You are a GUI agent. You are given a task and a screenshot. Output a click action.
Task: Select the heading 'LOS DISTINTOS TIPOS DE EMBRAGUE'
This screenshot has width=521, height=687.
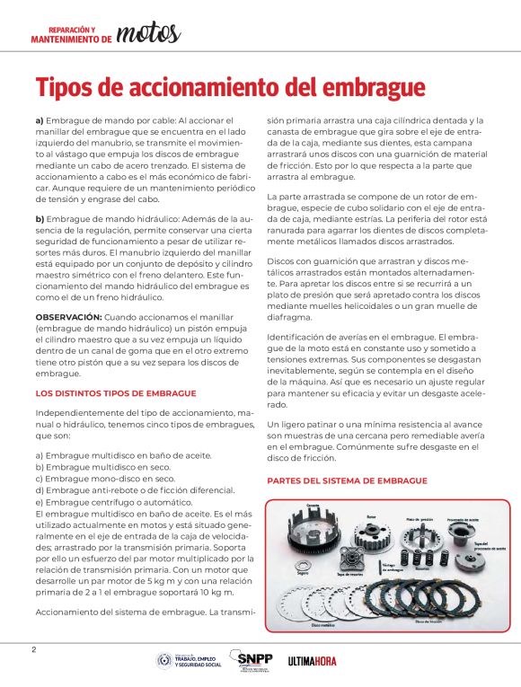coord(116,392)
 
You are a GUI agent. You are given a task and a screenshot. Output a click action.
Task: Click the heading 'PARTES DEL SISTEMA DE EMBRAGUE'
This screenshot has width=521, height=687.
coord(346,480)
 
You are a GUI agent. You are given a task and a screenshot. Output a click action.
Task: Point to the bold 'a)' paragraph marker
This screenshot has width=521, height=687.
coord(39,119)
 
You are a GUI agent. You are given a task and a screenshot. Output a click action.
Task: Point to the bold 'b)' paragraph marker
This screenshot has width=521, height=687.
coord(40,220)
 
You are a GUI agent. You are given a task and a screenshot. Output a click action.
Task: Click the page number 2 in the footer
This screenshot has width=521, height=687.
coord(33,649)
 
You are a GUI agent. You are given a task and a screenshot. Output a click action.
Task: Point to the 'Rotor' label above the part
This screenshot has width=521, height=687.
coord(372,516)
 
